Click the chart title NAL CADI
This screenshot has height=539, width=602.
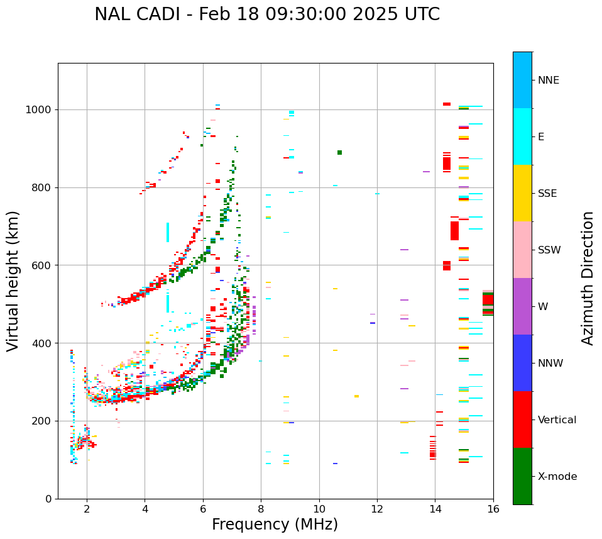pyautogui.click(x=267, y=14)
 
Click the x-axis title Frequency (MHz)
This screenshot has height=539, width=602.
pyautogui.click(x=275, y=525)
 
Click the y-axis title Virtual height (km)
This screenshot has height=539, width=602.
pyautogui.click(x=13, y=281)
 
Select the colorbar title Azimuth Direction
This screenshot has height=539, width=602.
pyautogui.click(x=588, y=278)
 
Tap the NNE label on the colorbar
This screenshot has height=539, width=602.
pyautogui.click(x=549, y=81)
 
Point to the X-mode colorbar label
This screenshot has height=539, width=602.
pyautogui.click(x=557, y=477)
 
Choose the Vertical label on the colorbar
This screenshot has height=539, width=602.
pyautogui.click(x=557, y=420)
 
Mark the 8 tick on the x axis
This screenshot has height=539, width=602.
pyautogui.click(x=261, y=508)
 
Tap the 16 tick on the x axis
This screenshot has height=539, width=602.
pyautogui.click(x=493, y=508)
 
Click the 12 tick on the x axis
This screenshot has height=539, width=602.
pyautogui.click(x=377, y=508)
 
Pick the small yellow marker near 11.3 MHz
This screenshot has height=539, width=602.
pyautogui.click(x=356, y=396)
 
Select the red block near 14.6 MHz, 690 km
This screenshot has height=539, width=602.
pyautogui.click(x=454, y=230)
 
